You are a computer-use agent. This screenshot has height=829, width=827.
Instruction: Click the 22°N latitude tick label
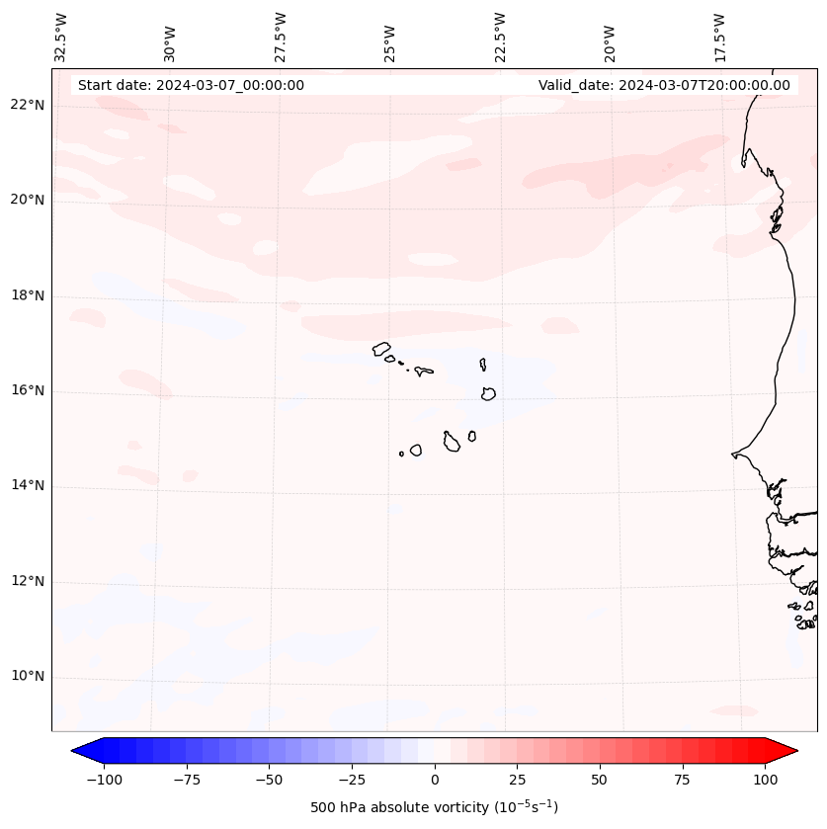pyautogui.click(x=29, y=106)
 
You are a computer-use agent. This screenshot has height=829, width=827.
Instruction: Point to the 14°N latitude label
pyautogui.click(x=29, y=486)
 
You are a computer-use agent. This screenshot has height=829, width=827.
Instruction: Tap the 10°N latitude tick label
pyautogui.click(x=29, y=677)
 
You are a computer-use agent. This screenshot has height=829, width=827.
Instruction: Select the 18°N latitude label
pyautogui.click(x=29, y=296)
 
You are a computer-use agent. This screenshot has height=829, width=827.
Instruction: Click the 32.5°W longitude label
pyautogui.click(x=61, y=38)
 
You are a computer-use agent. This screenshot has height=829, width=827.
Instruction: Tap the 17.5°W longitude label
pyautogui.click(x=719, y=38)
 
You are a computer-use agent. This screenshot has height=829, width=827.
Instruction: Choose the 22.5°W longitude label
pyautogui.click(x=500, y=38)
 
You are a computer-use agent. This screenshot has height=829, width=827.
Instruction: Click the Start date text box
pyautogui.click(x=191, y=85)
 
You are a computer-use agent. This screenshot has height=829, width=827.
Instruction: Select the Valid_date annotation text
pyautogui.click(x=664, y=85)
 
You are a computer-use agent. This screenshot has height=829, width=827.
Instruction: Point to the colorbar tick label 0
pyautogui.click(x=435, y=781)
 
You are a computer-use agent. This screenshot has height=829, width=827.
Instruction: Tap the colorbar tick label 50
pyautogui.click(x=600, y=781)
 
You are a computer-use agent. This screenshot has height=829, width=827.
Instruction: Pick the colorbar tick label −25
pyautogui.click(x=352, y=781)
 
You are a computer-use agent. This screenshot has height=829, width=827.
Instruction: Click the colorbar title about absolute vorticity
pyautogui.click(x=435, y=807)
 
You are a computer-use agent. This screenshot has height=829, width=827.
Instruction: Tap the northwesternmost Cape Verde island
pyautogui.click(x=381, y=348)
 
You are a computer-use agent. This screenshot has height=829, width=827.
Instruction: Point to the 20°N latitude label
pyautogui.click(x=29, y=201)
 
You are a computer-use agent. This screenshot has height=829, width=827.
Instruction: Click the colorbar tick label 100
pyautogui.click(x=765, y=781)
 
